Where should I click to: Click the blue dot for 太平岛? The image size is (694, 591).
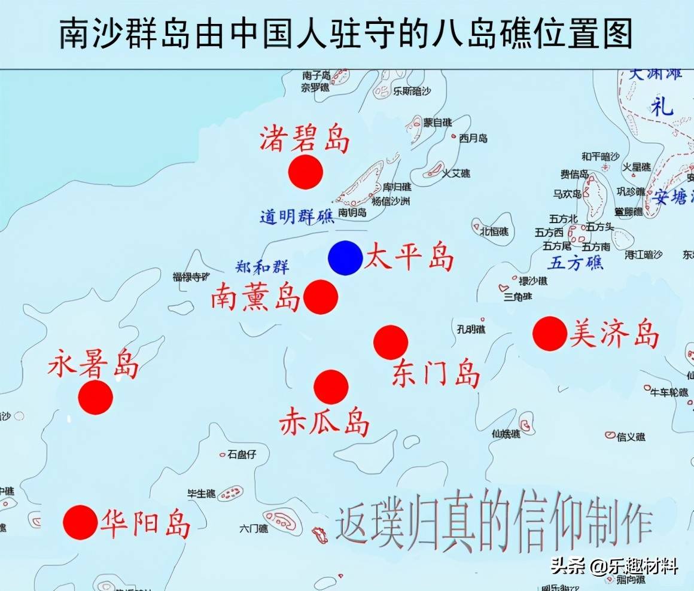345,258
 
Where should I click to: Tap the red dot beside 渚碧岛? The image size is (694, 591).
305,172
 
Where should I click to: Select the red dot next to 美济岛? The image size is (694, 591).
549,334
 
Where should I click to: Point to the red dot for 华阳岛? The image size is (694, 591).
80,522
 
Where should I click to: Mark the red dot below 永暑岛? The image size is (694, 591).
96,397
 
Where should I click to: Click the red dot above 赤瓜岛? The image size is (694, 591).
331,387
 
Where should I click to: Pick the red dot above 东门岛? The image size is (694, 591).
391,343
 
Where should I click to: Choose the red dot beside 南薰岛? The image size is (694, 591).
321,297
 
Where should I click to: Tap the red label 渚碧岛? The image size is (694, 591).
304,139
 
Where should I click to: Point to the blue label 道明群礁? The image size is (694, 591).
297,217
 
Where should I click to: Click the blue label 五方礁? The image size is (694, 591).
576,263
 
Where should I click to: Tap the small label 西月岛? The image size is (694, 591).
473,138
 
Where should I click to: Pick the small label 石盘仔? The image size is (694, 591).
242,455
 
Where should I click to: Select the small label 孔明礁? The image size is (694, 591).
471,329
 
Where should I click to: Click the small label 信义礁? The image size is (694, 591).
631,437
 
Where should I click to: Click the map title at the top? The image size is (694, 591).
346,33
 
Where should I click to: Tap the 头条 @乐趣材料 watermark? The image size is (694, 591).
614,566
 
